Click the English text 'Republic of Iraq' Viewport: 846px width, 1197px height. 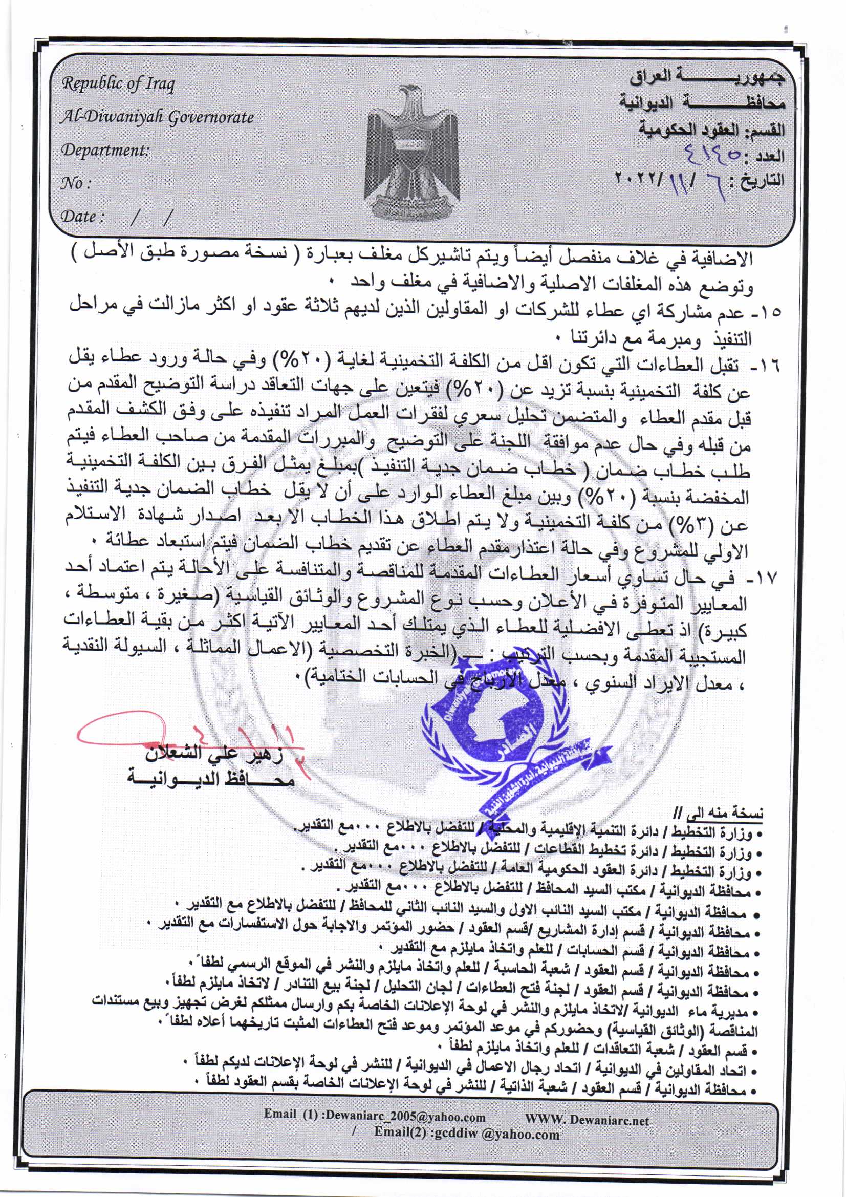(x=118, y=84)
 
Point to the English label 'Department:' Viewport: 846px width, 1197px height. (x=105, y=150)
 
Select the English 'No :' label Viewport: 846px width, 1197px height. (x=76, y=183)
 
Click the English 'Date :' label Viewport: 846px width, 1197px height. (x=82, y=217)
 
